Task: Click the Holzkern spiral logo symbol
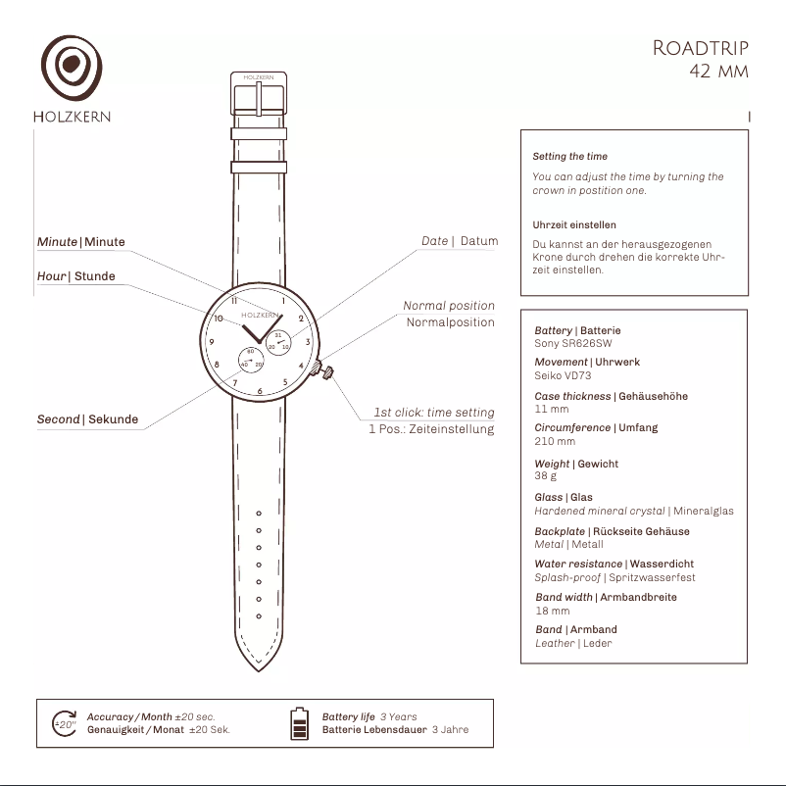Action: click(72, 67)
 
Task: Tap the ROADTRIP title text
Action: click(701, 49)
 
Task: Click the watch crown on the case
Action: click(322, 370)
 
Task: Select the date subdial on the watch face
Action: click(278, 342)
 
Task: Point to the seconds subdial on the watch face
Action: click(251, 361)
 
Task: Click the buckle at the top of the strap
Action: click(259, 94)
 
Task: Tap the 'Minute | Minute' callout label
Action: click(81, 242)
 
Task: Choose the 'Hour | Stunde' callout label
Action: click(76, 276)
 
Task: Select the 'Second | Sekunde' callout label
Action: click(88, 419)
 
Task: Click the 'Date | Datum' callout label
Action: click(460, 241)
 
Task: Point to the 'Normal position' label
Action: click(449, 306)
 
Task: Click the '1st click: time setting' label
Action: click(434, 413)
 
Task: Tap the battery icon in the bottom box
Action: click(299, 723)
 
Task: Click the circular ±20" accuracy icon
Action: click(65, 724)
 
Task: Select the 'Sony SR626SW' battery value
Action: click(573, 343)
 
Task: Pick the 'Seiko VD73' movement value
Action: click(563, 375)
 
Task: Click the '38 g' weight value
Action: click(545, 475)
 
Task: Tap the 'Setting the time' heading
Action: click(570, 157)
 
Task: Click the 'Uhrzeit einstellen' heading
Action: click(574, 225)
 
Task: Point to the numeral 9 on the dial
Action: click(212, 342)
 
